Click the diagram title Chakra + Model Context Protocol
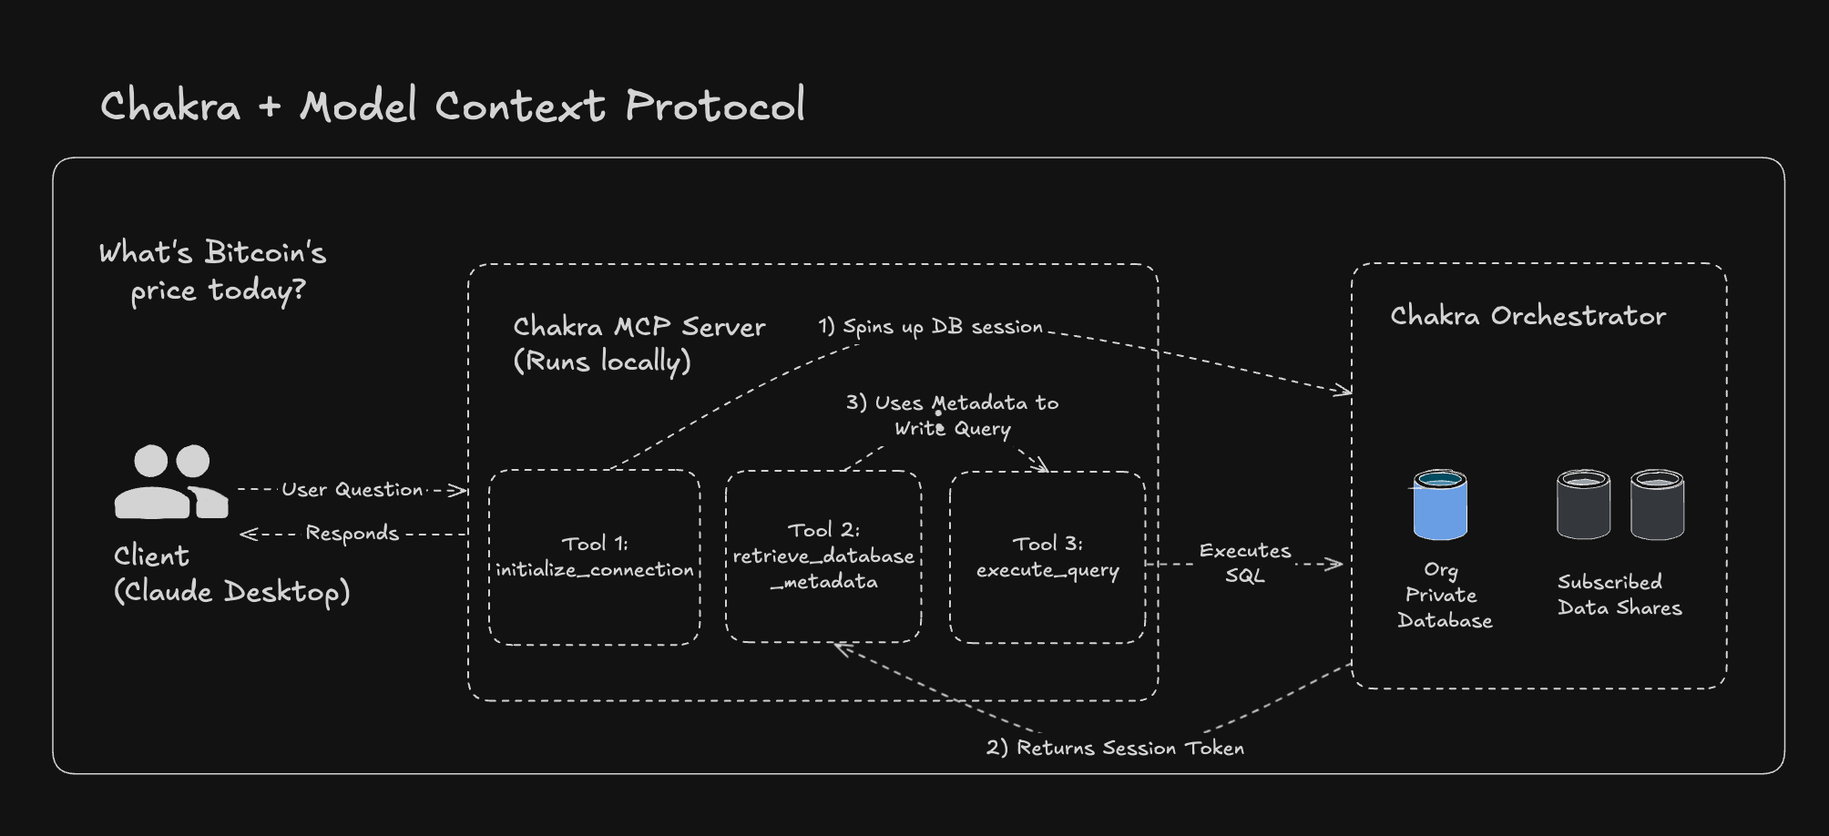[x=452, y=106]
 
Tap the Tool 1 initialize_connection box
[x=594, y=557]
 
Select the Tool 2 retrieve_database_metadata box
[x=823, y=556]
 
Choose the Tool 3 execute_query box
[x=1047, y=557]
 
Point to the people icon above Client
[x=170, y=483]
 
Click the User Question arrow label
[x=353, y=490]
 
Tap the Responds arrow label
[x=352, y=534]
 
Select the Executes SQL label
[x=1244, y=563]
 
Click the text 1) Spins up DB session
[x=930, y=327]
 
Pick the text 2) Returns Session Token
[x=1115, y=749]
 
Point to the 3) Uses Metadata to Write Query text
[x=952, y=415]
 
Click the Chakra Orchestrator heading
[x=1528, y=316]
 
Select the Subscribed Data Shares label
[x=1620, y=595]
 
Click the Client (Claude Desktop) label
[x=231, y=574]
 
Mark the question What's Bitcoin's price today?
[x=213, y=271]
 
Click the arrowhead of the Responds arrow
[x=246, y=535]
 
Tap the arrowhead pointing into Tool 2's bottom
[x=840, y=647]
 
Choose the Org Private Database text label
[x=1445, y=595]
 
